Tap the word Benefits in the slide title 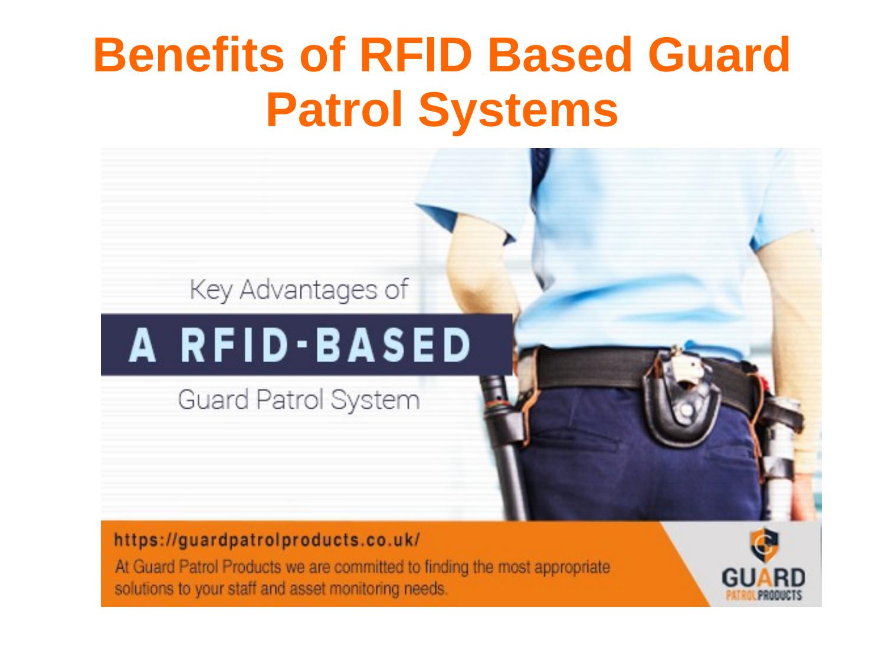coord(190,55)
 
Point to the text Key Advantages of coord(299,290)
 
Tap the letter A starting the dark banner coord(143,344)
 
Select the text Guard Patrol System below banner coord(299,400)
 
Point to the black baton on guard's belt coord(503,448)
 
